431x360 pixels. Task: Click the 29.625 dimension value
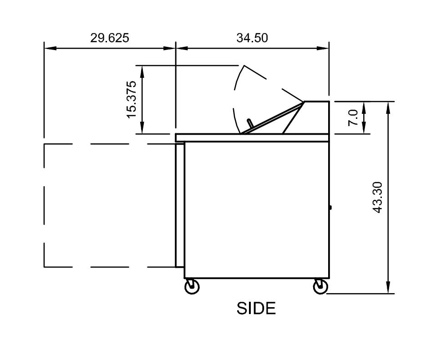(x=109, y=38)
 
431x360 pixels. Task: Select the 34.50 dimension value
(x=252, y=38)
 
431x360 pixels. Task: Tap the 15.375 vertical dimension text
(x=132, y=99)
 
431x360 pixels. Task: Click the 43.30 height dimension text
(x=377, y=197)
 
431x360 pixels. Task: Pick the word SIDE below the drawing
(x=256, y=309)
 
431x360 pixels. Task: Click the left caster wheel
(x=192, y=287)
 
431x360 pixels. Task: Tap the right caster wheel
(x=320, y=287)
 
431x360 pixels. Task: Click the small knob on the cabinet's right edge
(x=330, y=208)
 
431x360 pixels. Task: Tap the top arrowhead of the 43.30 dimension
(x=388, y=105)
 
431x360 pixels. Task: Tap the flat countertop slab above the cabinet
(x=252, y=137)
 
